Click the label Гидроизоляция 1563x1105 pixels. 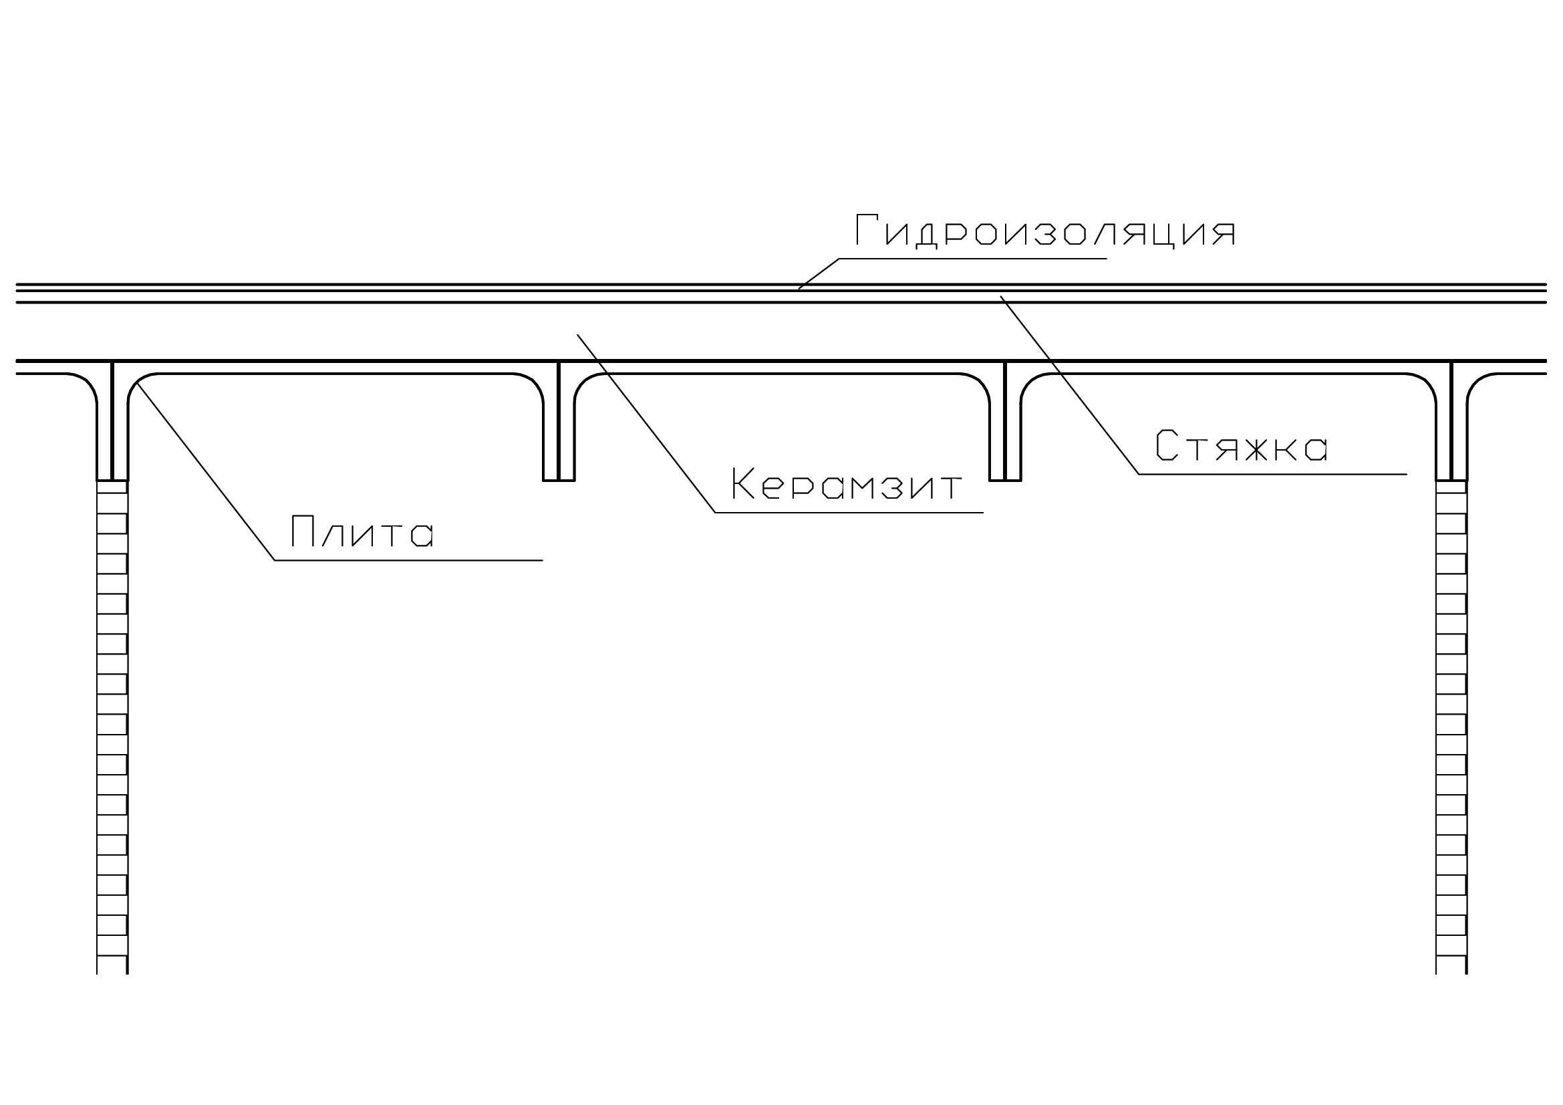point(1045,232)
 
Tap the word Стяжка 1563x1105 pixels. point(1242,446)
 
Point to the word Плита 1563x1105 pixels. point(362,531)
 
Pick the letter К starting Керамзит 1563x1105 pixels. point(742,483)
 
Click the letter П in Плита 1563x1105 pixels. point(301,531)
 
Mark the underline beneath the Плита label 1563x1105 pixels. point(408,560)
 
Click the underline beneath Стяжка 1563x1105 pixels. point(1273,475)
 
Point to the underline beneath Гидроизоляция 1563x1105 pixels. point(974,259)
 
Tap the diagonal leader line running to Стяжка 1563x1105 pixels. point(1069,385)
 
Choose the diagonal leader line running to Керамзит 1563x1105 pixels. point(646,423)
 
